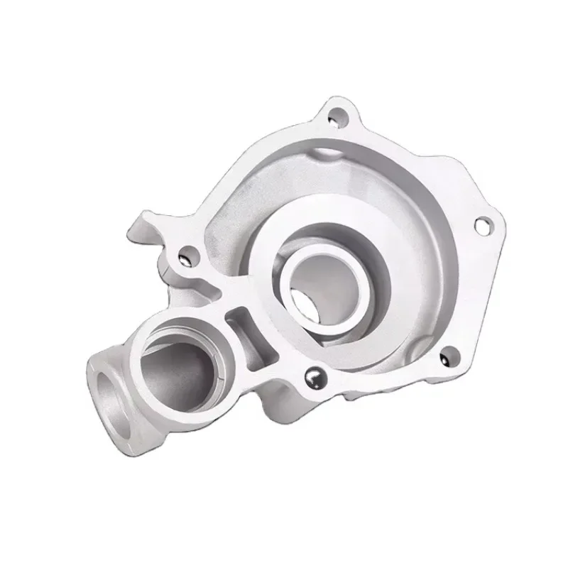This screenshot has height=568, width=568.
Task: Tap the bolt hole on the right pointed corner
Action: point(485,225)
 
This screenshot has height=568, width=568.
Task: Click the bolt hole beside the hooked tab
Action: point(187,251)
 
